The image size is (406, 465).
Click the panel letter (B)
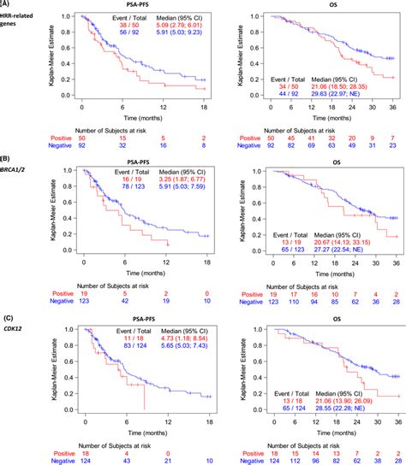[x=6, y=159]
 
